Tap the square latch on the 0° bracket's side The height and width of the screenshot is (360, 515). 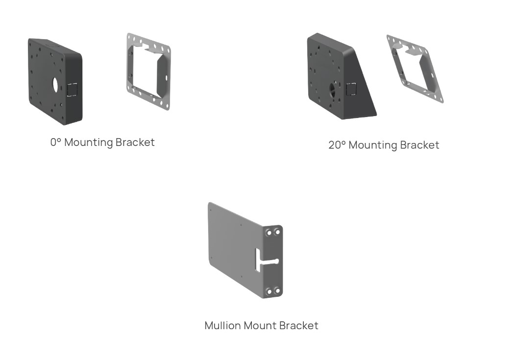click(72, 90)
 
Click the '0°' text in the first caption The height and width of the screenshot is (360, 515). click(56, 143)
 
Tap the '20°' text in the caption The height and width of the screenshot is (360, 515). click(336, 145)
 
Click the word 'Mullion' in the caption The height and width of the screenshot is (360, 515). click(221, 325)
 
